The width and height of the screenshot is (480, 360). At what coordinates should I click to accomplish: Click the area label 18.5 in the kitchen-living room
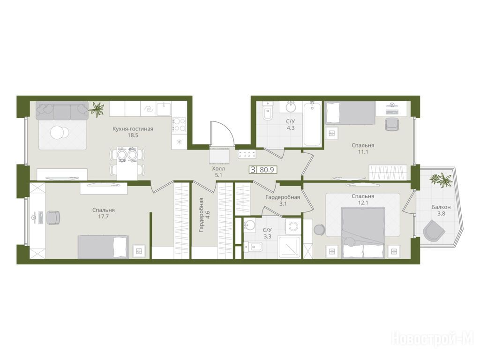(x=133, y=135)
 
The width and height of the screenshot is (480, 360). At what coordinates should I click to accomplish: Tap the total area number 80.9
(x=267, y=170)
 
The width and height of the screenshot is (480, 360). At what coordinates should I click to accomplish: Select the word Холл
(x=218, y=169)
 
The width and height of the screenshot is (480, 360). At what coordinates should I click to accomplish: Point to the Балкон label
(x=441, y=207)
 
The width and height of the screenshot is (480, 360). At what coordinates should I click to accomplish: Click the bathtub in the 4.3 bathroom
(x=312, y=124)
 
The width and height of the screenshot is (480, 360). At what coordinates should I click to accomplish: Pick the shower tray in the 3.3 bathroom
(x=289, y=247)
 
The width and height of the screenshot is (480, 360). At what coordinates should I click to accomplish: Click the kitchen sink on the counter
(x=164, y=109)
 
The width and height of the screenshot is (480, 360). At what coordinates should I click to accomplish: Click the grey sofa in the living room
(x=62, y=111)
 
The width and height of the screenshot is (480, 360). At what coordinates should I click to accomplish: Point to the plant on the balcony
(x=441, y=180)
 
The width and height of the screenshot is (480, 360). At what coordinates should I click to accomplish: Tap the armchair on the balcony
(x=434, y=230)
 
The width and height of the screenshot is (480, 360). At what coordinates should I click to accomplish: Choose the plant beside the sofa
(x=97, y=109)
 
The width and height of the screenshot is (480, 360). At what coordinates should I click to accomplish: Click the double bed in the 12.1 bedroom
(x=363, y=233)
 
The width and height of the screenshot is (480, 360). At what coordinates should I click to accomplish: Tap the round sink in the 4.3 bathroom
(x=291, y=107)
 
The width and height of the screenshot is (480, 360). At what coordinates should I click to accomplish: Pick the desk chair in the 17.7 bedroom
(x=53, y=217)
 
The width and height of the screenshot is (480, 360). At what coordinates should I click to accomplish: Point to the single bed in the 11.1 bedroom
(x=350, y=113)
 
